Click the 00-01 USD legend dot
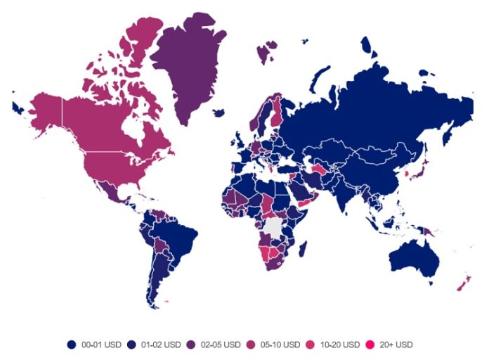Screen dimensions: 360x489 (x=72, y=345)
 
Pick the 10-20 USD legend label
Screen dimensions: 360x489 (x=339, y=345)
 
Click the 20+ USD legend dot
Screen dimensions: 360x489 (x=370, y=345)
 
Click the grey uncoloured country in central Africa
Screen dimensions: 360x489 (x=274, y=226)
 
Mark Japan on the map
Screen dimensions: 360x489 (x=417, y=169)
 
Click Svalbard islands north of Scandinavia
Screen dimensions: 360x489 (x=266, y=51)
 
